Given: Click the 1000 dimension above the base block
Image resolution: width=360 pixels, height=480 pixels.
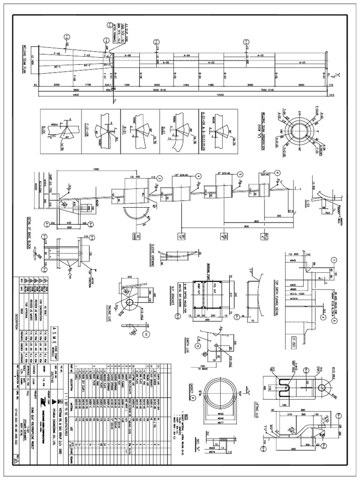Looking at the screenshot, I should click(97, 169).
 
